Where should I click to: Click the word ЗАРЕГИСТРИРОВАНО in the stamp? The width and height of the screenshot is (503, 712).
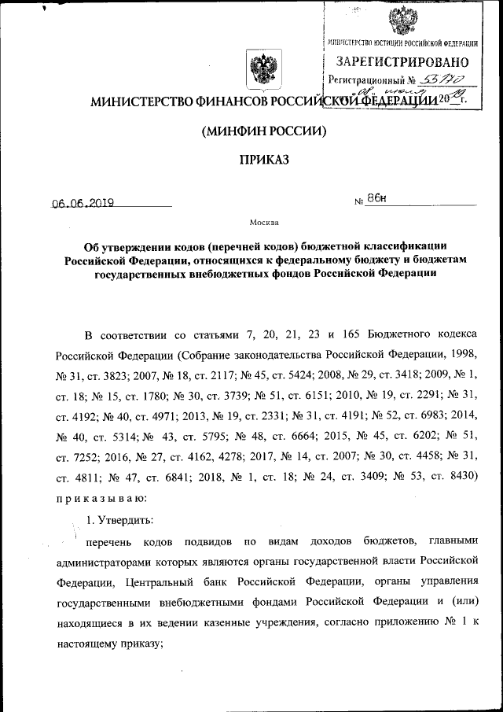pos(402,62)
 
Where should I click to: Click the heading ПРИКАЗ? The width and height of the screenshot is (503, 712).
pos(259,160)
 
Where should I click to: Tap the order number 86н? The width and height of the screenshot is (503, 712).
pos(376,200)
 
